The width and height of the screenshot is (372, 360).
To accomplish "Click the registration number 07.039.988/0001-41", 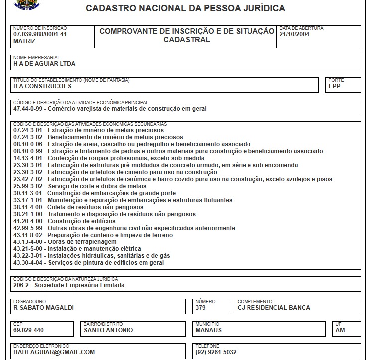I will click(x=40, y=34).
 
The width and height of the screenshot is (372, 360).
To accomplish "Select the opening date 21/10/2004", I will click(x=295, y=34).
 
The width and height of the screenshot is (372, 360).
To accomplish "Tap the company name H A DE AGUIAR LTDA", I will click(x=44, y=64).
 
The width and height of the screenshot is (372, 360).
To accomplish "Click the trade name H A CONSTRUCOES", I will click(x=42, y=86).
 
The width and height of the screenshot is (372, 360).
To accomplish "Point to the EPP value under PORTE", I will click(x=335, y=86).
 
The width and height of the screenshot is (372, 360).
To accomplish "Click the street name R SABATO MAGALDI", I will click(x=43, y=308).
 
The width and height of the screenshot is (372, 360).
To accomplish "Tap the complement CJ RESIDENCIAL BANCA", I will click(x=273, y=308).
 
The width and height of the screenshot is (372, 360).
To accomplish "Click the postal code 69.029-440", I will click(x=28, y=330).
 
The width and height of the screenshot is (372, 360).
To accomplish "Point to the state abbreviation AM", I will click(x=340, y=330).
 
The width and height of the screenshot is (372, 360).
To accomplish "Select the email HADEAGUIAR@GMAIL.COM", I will click(x=54, y=352).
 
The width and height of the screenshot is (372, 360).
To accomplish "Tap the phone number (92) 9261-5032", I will click(x=216, y=352).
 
